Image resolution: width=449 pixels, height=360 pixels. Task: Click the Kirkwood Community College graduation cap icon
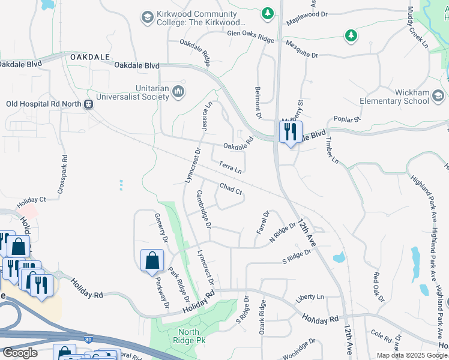click(147, 18)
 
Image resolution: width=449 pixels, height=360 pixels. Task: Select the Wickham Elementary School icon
click(438, 96)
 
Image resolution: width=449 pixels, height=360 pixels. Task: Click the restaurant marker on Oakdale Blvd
click(290, 131)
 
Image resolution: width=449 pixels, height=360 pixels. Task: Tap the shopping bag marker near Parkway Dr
click(152, 260)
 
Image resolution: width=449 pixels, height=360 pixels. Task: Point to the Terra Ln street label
click(230, 166)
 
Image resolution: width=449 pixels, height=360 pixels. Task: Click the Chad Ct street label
click(231, 189)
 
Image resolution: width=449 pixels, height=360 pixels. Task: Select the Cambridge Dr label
click(204, 209)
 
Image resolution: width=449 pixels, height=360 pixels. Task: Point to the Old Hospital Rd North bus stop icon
click(88, 104)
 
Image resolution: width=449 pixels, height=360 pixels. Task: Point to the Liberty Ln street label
click(310, 297)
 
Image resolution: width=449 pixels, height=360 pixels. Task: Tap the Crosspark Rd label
click(62, 174)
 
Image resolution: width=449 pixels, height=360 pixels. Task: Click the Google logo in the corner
click(20, 352)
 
